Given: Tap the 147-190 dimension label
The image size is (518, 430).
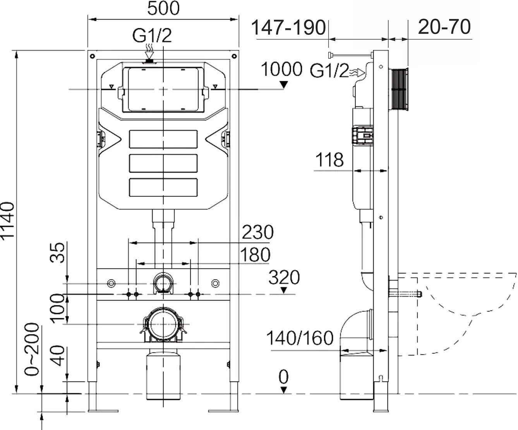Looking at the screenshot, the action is [288, 28].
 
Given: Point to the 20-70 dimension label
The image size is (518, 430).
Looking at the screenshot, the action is [444, 27].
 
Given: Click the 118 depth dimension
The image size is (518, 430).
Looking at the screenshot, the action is [329, 159].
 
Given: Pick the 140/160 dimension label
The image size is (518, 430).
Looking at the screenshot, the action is [300, 339].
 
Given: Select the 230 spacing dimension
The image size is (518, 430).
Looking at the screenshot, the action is [257, 232].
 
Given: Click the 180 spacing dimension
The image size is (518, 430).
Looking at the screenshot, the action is [254, 255].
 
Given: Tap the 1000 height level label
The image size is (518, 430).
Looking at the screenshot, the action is [281, 70].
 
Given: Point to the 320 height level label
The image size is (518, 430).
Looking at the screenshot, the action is [284, 278].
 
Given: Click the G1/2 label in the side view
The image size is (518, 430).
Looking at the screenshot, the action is [329, 71].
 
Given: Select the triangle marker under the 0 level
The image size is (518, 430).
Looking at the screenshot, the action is [284, 390].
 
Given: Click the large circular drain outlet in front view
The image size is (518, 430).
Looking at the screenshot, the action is [163, 324].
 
